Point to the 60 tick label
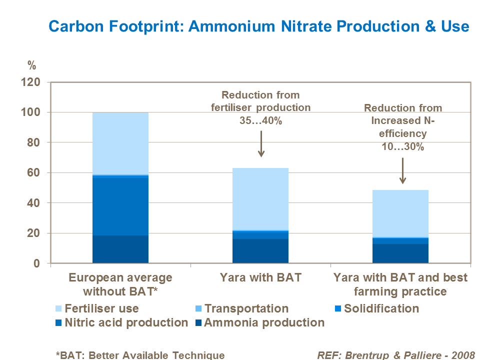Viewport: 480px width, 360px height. coord(40,173)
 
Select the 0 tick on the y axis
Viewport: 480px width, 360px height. coord(43,263)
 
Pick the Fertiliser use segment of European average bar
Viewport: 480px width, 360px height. coord(120,143)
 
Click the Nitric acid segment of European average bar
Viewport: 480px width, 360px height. coord(120,206)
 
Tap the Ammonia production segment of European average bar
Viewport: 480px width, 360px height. coord(120,249)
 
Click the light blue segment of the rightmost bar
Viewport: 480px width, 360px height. coord(400,213)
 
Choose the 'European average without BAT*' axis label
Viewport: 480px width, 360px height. coord(120,284)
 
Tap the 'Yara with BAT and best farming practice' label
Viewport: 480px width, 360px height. coord(400,284)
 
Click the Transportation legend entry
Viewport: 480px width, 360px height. coord(246,308)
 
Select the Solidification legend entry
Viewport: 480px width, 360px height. coord(381,308)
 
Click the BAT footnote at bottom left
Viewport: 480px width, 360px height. coord(140,355)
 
